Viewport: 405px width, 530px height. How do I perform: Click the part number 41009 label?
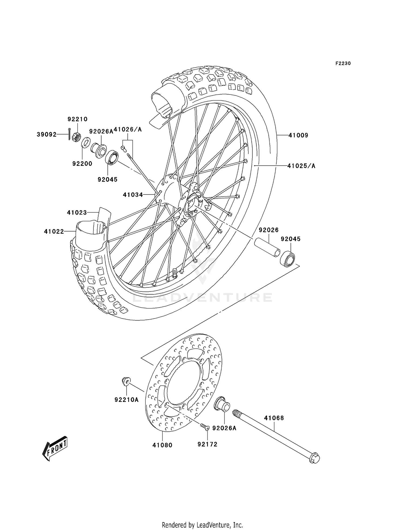[x=298, y=135]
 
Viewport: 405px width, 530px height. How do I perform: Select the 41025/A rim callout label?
[x=301, y=166]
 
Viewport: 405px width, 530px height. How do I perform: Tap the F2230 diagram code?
[x=343, y=63]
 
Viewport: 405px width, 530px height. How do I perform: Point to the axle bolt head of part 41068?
[x=314, y=458]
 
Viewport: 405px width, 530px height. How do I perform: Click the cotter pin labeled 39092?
[x=69, y=134]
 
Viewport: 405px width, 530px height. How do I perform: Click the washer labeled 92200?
[x=85, y=142]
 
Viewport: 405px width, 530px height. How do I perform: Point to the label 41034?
[x=133, y=194]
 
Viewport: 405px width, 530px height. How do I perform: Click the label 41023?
[x=77, y=213]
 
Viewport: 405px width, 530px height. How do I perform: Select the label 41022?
[x=54, y=232]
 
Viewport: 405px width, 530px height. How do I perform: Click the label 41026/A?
[x=127, y=130]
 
